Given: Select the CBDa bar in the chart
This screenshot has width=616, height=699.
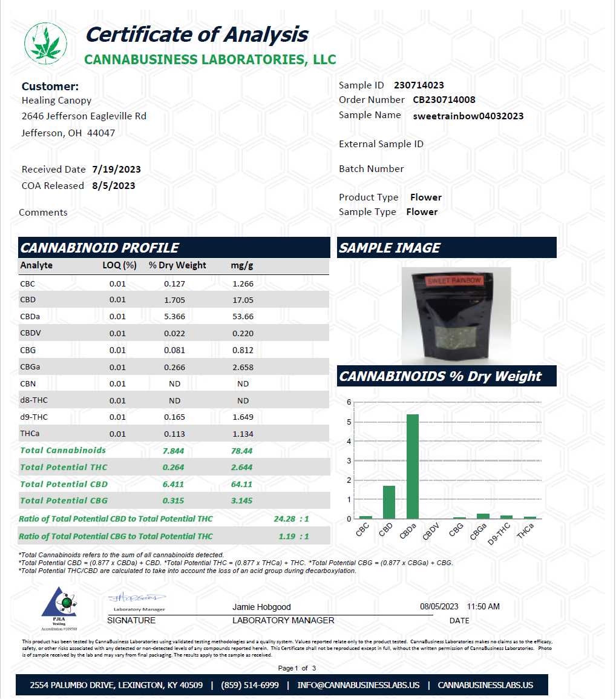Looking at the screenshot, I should click(413, 466).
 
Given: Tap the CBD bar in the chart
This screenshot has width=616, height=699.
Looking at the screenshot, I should click(388, 502).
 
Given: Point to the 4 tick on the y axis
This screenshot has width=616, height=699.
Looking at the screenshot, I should click(349, 441).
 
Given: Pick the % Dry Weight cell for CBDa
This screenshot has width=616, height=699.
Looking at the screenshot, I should click(174, 316).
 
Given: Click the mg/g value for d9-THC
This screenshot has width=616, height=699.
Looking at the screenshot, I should click(243, 417).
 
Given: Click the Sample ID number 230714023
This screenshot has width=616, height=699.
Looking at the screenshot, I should click(419, 85).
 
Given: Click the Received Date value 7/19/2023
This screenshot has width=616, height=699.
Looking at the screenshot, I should click(117, 170).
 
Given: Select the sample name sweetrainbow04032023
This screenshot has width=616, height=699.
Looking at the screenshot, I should click(468, 116).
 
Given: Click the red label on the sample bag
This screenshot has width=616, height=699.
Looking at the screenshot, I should click(453, 281).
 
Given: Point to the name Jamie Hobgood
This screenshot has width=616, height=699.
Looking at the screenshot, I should click(261, 607).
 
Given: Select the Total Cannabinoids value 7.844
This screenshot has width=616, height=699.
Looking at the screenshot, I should click(174, 451).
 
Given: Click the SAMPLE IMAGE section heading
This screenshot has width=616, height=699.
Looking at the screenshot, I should click(390, 248).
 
